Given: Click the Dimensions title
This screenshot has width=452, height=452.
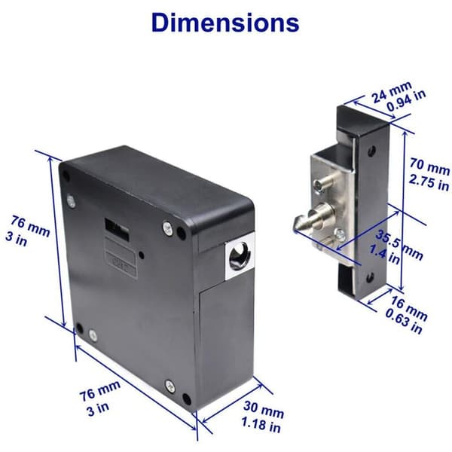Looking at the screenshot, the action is pyautogui.click(x=225, y=23).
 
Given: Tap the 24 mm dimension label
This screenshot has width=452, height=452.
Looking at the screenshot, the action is pyautogui.click(x=392, y=91).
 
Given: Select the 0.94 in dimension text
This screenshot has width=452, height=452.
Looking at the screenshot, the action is pyautogui.click(x=406, y=101).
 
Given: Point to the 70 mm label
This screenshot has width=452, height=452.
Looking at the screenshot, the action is pyautogui.click(x=429, y=166).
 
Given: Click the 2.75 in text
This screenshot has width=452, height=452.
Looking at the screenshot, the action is pyautogui.click(x=429, y=182).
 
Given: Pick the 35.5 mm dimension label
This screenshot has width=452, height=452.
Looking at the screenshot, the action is pyautogui.click(x=399, y=245).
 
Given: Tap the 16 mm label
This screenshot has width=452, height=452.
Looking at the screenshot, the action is pyautogui.click(x=409, y=308).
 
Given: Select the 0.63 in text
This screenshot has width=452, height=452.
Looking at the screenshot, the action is pyautogui.click(x=404, y=322).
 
